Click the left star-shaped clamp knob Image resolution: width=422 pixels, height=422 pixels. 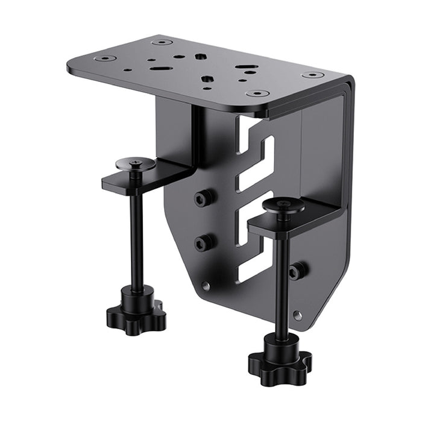pos(136,313)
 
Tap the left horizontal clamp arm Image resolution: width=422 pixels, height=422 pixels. pos(145,177)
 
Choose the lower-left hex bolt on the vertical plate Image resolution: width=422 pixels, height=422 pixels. pos(203,242)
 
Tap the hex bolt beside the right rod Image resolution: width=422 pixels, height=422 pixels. pos(296,271)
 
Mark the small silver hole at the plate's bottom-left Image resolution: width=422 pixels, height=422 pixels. pos(206,286)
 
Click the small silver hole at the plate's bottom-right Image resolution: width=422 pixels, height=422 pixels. pos(297,314)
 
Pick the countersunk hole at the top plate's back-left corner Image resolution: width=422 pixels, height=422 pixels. pos(162,42)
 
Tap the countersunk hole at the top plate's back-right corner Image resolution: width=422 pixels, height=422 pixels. pos(312,75)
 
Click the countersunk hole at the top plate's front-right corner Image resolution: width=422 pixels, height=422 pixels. pos(257,94)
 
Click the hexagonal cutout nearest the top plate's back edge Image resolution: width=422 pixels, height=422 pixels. pos(200,57)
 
